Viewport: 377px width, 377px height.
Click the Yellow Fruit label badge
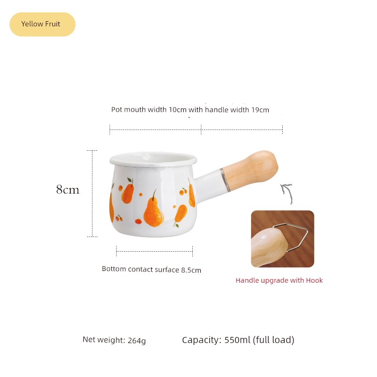click(42, 25)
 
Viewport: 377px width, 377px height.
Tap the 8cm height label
click(67, 189)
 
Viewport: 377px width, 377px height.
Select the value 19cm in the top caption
click(260, 110)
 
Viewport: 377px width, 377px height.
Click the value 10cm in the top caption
click(178, 110)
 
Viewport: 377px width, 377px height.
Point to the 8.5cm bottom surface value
click(191, 270)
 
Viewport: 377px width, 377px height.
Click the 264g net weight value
click(137, 340)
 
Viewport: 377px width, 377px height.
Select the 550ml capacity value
click(238, 340)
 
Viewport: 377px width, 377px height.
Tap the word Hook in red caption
click(314, 280)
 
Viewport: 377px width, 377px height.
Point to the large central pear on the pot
click(154, 210)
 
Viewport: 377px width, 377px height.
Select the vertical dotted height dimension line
click(92, 194)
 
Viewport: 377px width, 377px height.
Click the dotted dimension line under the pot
click(155, 251)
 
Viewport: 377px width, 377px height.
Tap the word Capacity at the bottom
click(202, 340)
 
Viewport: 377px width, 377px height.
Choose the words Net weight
click(104, 339)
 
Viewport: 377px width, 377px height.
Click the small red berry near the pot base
click(138, 221)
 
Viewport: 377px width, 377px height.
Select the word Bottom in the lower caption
click(114, 269)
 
